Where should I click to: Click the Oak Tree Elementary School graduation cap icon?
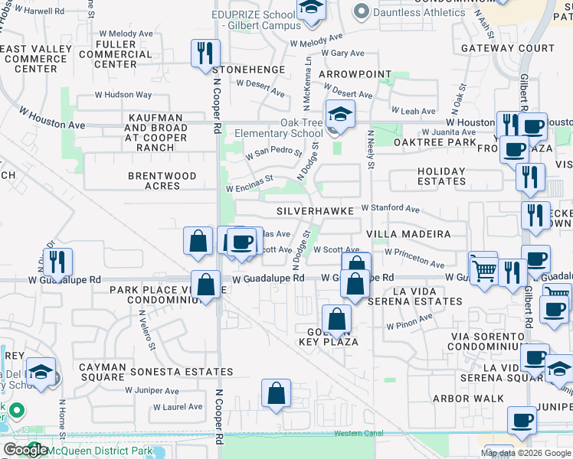pos(340,116)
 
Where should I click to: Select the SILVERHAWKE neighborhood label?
pos(316,210)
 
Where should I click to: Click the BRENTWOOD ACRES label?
pos(162,181)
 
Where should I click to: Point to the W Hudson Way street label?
pos(123,95)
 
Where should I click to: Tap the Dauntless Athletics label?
pos(419,12)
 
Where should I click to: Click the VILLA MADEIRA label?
pos(408,233)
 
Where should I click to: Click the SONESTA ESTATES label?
pos(181,371)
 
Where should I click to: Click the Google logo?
pos(25,450)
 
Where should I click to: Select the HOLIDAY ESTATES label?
pos(441,176)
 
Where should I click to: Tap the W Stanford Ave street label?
pos(391,208)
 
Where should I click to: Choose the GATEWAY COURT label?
pos(508,47)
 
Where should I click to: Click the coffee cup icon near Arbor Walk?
pos(522,420)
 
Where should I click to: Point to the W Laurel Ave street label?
pos(178,407)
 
